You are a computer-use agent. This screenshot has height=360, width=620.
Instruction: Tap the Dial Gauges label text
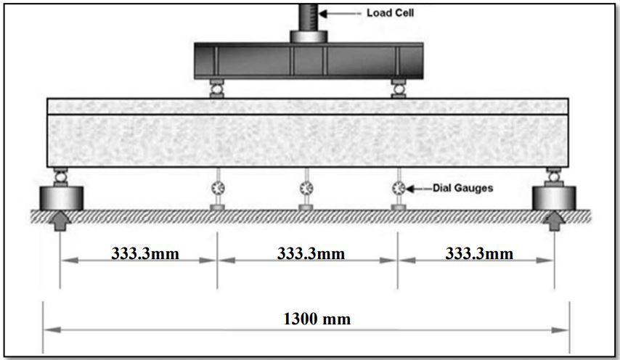click(x=462, y=188)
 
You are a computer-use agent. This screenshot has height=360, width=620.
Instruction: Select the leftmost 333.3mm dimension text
click(x=144, y=253)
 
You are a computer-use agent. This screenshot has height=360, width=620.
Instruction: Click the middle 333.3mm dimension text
click(x=311, y=253)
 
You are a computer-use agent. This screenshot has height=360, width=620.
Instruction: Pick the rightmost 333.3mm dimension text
click(x=478, y=253)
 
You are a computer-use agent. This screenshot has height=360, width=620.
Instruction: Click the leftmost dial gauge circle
click(x=217, y=188)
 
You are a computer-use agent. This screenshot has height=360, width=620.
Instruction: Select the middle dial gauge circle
click(x=306, y=188)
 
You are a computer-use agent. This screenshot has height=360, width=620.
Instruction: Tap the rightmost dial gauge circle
click(x=398, y=188)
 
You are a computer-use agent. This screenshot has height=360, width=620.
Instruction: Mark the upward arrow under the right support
click(x=554, y=219)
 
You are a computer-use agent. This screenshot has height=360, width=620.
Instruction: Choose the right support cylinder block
click(x=554, y=196)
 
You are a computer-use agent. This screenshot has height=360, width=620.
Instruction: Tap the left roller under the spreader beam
click(x=216, y=89)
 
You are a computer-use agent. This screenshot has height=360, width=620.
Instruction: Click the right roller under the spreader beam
click(x=398, y=89)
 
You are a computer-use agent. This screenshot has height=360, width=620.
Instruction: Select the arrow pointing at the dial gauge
click(x=417, y=188)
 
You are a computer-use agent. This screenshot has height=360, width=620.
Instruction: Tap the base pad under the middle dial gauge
click(x=306, y=208)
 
